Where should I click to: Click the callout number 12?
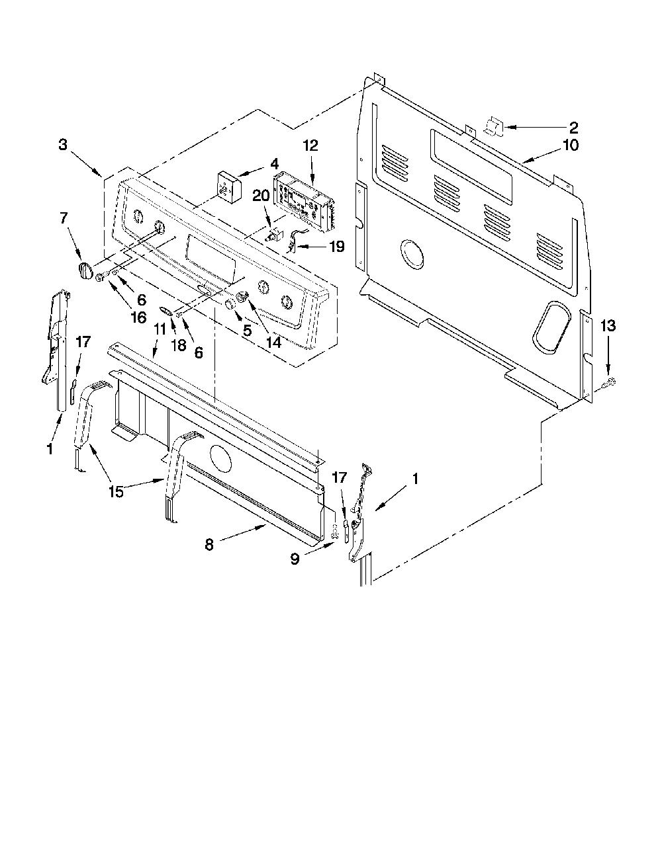(310, 145)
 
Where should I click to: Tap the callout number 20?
(260, 195)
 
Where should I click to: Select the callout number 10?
(571, 145)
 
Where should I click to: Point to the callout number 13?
(608, 325)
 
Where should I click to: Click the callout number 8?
(209, 545)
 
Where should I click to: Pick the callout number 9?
(295, 559)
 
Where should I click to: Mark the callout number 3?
(63, 144)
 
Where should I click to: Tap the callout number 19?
(337, 246)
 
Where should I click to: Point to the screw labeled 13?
(610, 382)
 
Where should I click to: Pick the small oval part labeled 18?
(165, 311)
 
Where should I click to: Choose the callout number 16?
(138, 317)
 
